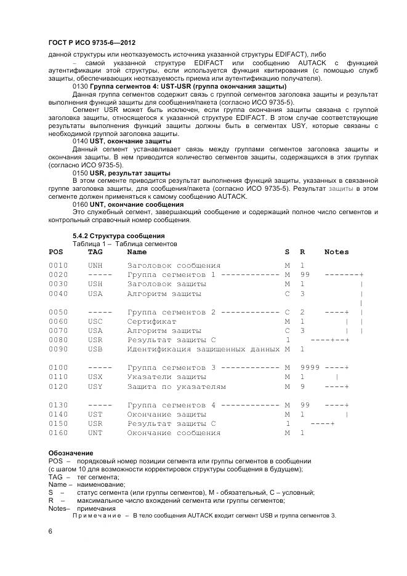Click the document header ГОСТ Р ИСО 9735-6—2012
92,42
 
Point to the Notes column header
336,252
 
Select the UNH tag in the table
95,265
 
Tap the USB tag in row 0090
95,349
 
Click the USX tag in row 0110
95,377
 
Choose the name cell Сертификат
151,321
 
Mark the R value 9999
310,367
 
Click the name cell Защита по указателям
176,386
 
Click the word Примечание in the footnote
96,516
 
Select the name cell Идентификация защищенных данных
203,349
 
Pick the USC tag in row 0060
95,321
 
